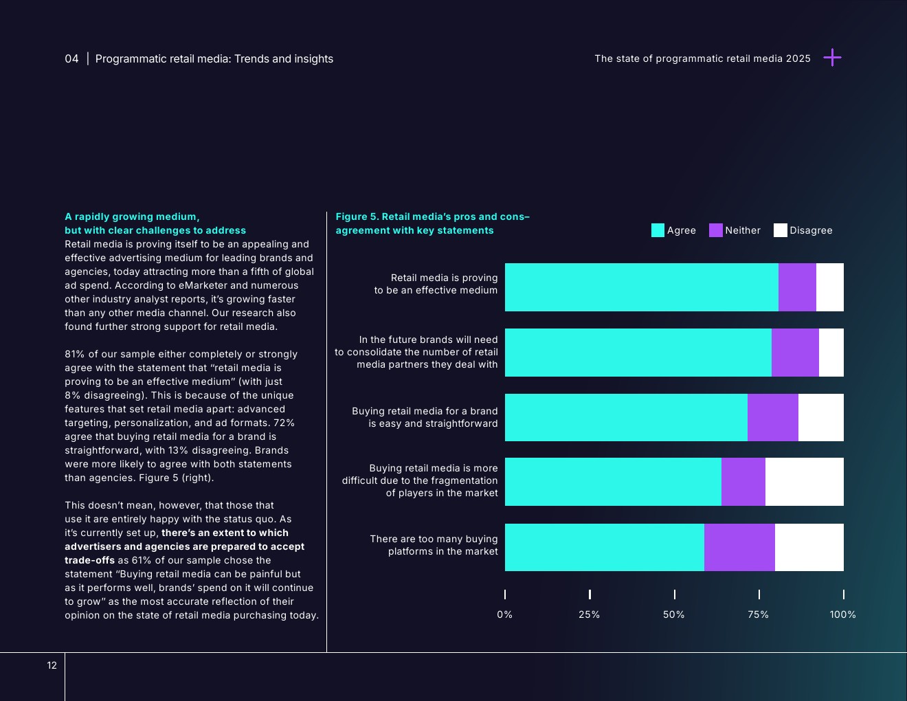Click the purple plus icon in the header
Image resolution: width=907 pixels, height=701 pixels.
[x=832, y=58]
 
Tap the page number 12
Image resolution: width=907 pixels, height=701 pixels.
[x=52, y=665]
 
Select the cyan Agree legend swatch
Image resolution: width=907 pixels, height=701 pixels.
[x=658, y=230]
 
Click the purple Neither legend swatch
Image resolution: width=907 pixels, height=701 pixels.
[x=715, y=230]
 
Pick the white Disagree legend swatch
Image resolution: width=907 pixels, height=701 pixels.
[x=780, y=230]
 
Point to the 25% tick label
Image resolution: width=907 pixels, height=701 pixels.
[x=589, y=614]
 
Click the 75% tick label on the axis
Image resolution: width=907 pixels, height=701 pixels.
[x=758, y=614]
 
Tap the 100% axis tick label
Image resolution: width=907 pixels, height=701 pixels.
[x=842, y=614]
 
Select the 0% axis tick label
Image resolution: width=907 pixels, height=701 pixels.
[x=504, y=614]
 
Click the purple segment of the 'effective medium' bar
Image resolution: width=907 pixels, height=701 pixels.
[x=797, y=287]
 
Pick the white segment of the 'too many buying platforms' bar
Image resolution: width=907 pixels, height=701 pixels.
[x=809, y=547]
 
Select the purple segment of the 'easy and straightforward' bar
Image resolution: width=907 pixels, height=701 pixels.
[x=772, y=417]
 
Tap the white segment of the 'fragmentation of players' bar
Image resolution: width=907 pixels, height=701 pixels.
[x=804, y=482]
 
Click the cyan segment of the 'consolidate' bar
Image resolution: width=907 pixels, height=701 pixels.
[x=638, y=353]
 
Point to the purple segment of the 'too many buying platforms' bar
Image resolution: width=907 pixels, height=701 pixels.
[x=739, y=547]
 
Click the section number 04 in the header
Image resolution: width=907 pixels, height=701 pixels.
[x=71, y=59]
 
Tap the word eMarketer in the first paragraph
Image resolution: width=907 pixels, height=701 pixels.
[x=200, y=285]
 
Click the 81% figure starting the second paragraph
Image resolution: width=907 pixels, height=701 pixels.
[x=74, y=354]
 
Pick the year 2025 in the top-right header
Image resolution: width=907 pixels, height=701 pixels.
[x=798, y=58]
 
